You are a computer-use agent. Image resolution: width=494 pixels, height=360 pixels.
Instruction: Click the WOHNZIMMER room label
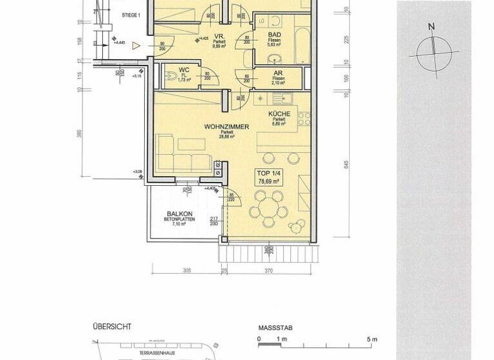[x=226, y=127]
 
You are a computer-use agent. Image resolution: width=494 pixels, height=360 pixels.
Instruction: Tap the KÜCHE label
[x=279, y=114]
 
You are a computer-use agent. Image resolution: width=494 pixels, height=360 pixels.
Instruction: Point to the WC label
[x=183, y=69]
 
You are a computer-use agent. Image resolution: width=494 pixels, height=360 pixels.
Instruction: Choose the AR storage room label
[x=279, y=74]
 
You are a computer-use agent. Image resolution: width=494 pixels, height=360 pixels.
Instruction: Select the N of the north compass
[x=432, y=26]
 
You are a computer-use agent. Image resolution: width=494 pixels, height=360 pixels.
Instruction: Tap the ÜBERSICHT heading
[x=112, y=327]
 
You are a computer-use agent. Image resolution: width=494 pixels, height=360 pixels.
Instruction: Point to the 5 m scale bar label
[x=372, y=339]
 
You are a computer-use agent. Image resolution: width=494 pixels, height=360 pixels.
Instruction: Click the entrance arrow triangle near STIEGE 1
[x=136, y=46]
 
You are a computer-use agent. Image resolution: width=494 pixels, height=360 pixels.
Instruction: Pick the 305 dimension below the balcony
[x=187, y=271]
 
